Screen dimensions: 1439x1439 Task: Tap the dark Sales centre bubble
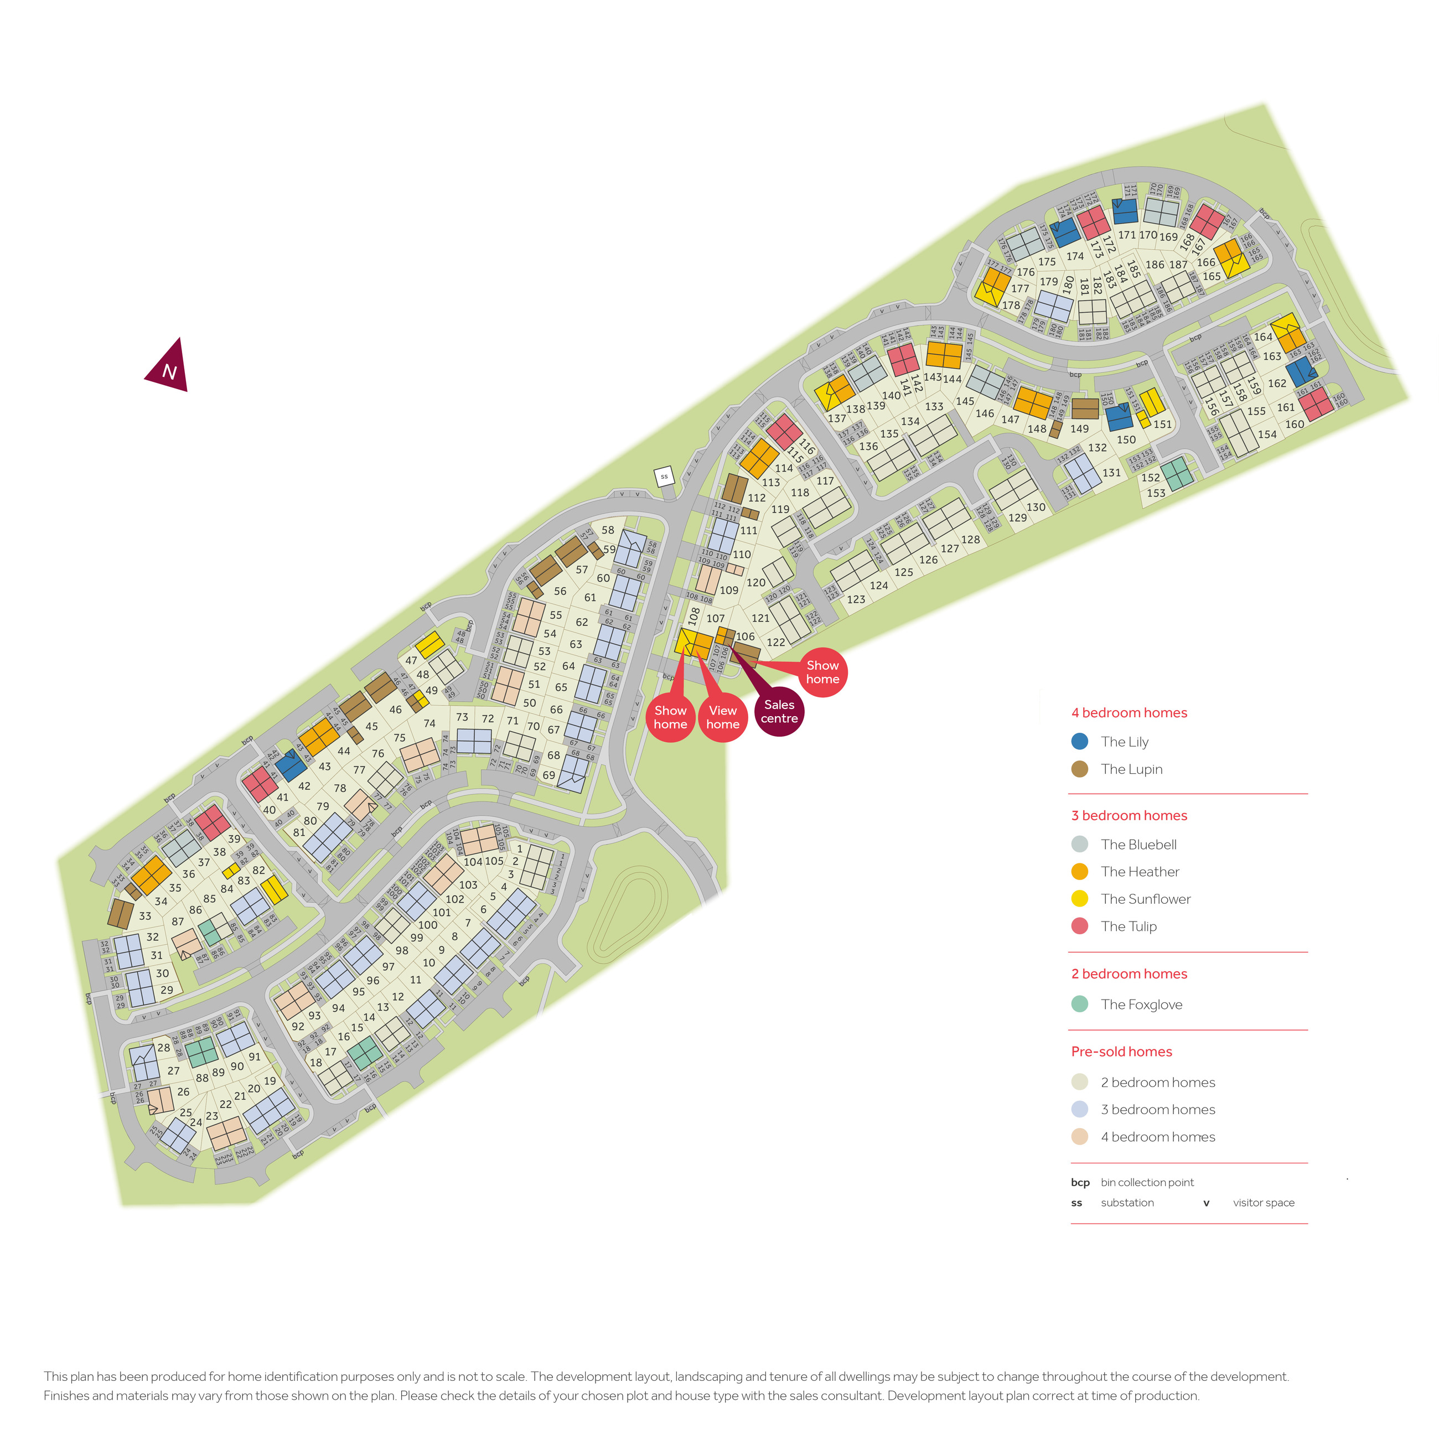click(779, 711)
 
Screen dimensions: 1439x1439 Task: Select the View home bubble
click(722, 717)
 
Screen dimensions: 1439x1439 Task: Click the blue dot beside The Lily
click(1079, 742)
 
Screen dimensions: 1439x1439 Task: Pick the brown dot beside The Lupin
click(1079, 769)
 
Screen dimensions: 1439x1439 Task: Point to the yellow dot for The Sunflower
click(1079, 899)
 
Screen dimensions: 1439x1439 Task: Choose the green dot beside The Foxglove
click(1079, 1004)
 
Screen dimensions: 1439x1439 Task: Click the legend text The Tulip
click(1129, 926)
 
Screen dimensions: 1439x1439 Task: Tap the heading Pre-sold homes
click(1121, 1052)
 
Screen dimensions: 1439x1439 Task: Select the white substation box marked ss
click(664, 477)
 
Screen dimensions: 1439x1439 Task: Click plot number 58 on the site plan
click(608, 530)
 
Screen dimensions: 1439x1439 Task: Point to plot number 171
click(1127, 235)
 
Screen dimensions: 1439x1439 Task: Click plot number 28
click(164, 1047)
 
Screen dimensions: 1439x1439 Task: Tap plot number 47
click(411, 661)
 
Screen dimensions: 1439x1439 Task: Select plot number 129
click(1017, 517)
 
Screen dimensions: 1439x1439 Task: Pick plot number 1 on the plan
click(520, 849)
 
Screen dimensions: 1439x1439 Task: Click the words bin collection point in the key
click(1147, 1182)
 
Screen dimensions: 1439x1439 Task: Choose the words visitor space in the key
click(1263, 1202)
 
